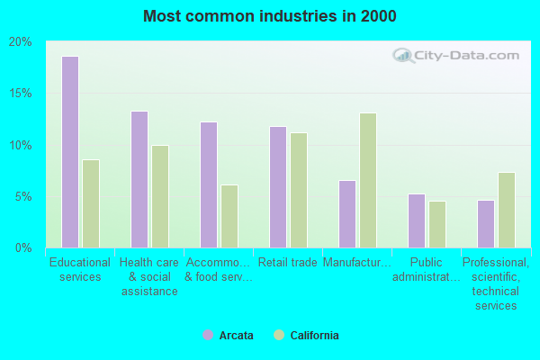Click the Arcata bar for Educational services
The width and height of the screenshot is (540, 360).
(69, 152)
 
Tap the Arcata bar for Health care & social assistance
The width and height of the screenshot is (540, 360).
(139, 179)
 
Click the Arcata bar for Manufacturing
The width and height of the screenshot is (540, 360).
(346, 213)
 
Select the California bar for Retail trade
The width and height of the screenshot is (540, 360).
(298, 190)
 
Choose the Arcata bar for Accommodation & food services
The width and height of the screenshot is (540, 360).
(208, 184)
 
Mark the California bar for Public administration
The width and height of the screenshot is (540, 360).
(436, 224)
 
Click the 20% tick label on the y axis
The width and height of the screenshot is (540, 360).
(20, 42)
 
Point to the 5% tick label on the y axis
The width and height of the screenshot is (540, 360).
(23, 196)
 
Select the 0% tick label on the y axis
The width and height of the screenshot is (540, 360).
(23, 247)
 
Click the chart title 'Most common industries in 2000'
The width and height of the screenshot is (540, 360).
(269, 16)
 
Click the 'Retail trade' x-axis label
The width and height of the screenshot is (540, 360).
(287, 263)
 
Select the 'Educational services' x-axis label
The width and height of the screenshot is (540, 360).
(80, 270)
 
